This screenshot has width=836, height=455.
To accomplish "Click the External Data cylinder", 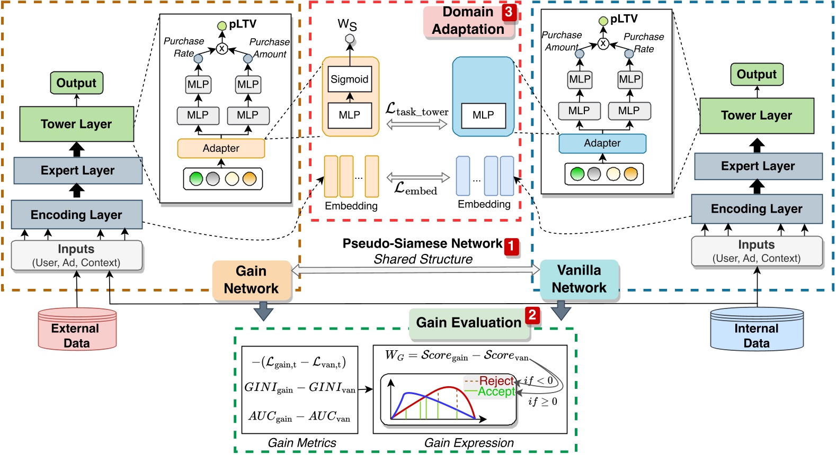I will (x=77, y=330).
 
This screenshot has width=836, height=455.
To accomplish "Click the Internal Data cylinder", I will (x=756, y=330).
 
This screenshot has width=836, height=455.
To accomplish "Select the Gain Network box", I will (x=252, y=280).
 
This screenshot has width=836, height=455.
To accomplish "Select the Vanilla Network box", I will (x=579, y=279).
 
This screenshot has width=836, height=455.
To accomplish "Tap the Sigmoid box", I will (x=349, y=79).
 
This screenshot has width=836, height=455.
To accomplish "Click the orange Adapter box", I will (x=221, y=149).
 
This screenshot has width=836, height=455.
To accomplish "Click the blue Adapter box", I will (x=602, y=143).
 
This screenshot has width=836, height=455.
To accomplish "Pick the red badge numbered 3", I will (x=509, y=12).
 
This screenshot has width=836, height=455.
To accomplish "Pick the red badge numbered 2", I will (x=532, y=315).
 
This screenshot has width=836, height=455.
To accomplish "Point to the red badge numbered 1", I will (x=511, y=246).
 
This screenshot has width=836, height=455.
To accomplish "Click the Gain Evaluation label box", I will (x=468, y=323).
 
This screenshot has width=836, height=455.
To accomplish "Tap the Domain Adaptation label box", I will (x=468, y=21).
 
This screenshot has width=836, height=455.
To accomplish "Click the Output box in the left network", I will (x=76, y=83).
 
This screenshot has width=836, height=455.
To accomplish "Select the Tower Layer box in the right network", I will (x=756, y=115).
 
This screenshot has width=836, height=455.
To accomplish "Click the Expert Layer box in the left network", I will (x=77, y=170).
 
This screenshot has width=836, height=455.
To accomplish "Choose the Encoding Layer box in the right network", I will (x=756, y=209).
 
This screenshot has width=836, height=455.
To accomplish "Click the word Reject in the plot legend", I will (x=496, y=381).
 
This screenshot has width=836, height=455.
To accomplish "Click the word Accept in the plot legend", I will (x=496, y=392).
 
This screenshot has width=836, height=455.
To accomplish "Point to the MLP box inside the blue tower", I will (x=483, y=115).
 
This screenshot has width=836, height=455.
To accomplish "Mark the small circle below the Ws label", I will (x=349, y=39).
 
